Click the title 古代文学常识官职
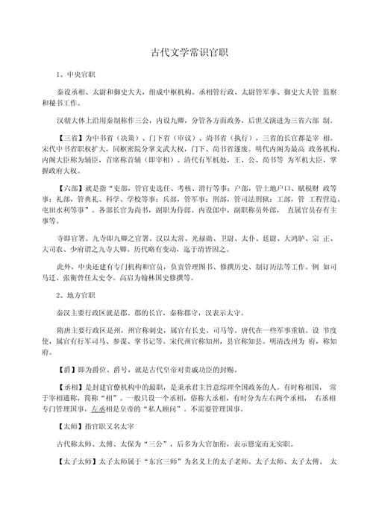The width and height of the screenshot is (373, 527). tap(186, 53)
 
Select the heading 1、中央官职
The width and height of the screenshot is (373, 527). tap(75, 77)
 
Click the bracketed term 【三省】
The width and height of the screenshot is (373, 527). tap(69, 139)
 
